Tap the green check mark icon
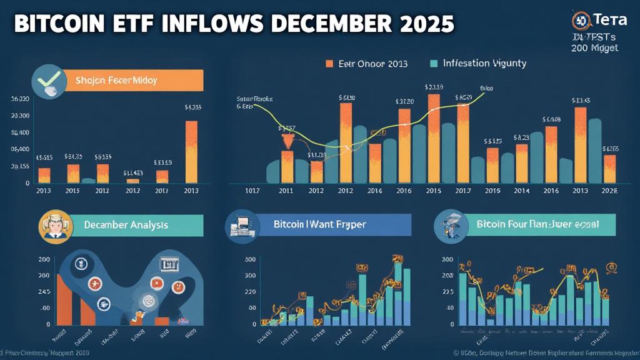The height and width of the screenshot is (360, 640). point(49,83)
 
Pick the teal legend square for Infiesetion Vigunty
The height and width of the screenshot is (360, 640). point(434,64)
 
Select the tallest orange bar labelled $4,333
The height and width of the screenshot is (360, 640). point(191,151)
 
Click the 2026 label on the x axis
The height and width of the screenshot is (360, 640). point(609,190)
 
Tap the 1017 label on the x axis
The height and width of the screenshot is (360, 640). point(252,190)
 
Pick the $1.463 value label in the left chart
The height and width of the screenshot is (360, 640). point(133,172)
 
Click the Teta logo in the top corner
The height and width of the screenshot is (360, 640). point(594,21)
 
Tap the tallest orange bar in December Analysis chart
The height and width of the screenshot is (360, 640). point(64,299)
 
